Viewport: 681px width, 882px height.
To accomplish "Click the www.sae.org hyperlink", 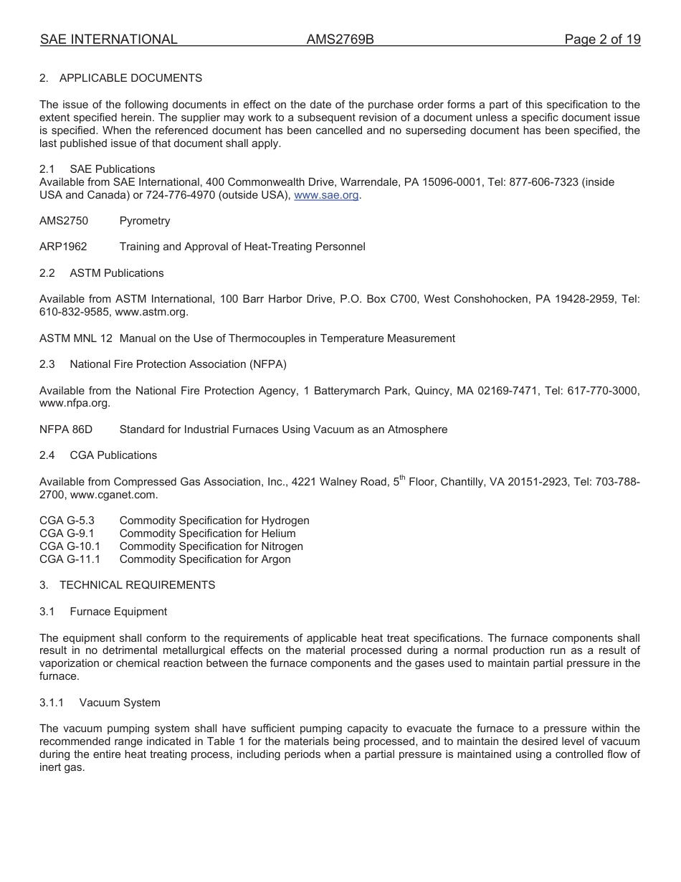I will pos(326,195).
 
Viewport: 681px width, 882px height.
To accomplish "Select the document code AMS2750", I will pos(64,221).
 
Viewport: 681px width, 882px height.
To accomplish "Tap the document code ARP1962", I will pos(63,247).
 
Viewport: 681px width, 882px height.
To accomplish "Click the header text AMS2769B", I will pos(340,39).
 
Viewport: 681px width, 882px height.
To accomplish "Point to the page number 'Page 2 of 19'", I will pos(602,39).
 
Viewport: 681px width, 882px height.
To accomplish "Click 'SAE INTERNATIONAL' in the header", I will pos(108,39).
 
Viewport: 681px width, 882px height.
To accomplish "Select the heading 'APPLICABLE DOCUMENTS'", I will pos(130,78).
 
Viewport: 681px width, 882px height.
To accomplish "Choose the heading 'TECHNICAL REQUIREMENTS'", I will pos(137,585).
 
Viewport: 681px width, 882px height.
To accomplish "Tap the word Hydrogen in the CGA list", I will pos(285,521).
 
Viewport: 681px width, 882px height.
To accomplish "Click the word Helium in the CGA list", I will pos(278,534).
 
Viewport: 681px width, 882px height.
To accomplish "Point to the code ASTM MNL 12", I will pos(76,338).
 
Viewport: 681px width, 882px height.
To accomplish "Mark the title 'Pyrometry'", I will pos(145,221).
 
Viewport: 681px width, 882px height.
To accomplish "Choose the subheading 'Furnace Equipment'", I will pos(118,612).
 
